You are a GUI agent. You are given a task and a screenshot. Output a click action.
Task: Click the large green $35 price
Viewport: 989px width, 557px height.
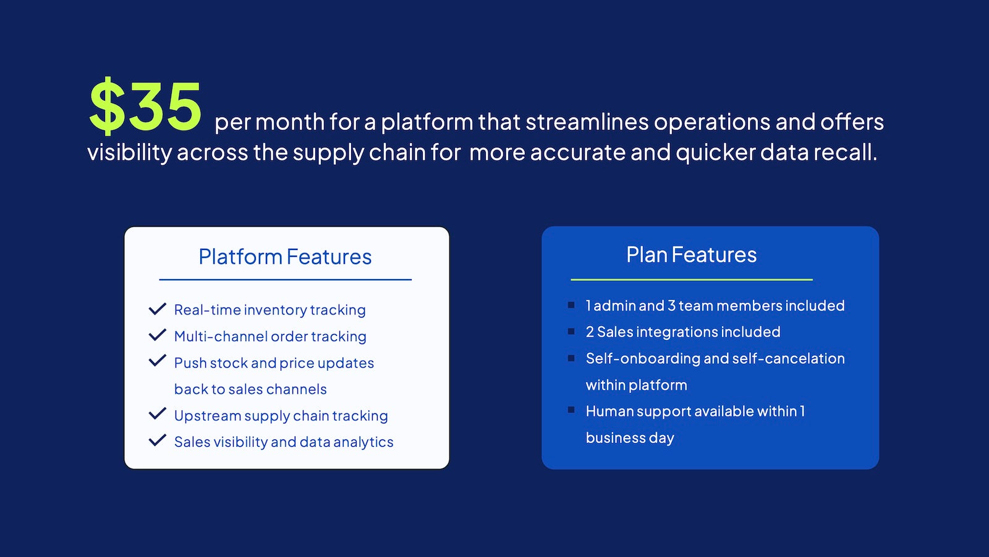[145, 106]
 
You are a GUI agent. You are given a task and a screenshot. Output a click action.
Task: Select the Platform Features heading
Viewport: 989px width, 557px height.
[285, 256]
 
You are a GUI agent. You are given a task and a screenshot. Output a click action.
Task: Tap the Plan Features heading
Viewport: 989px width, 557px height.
[692, 254]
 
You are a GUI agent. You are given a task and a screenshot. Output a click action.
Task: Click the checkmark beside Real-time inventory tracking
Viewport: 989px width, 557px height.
[157, 309]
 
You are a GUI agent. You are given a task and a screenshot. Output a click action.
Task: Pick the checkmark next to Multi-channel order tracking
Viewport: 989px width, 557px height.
[157, 335]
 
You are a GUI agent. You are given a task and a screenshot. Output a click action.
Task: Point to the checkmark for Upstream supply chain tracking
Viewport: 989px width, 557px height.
[157, 414]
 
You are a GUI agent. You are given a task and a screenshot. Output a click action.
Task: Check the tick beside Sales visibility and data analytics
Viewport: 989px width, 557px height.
[157, 440]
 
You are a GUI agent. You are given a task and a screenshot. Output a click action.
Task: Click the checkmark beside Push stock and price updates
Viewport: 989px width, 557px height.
[157, 361]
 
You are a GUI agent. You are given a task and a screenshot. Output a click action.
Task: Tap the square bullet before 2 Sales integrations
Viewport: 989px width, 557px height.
[571, 332]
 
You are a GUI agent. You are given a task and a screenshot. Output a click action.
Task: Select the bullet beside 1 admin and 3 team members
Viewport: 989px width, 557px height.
[571, 305]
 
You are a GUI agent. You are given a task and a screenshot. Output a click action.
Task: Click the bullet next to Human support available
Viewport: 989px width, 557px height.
[571, 410]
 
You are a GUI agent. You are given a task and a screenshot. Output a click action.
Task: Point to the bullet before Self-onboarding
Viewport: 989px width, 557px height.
[571, 358]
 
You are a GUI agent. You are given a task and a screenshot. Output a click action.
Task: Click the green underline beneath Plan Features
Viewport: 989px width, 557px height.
[692, 279]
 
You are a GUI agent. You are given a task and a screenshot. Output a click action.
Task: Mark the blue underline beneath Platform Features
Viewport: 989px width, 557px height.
[285, 279]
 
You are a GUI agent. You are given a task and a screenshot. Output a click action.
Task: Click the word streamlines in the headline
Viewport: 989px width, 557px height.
[587, 121]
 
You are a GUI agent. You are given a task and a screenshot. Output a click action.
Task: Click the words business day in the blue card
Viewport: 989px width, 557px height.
[630, 438]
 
